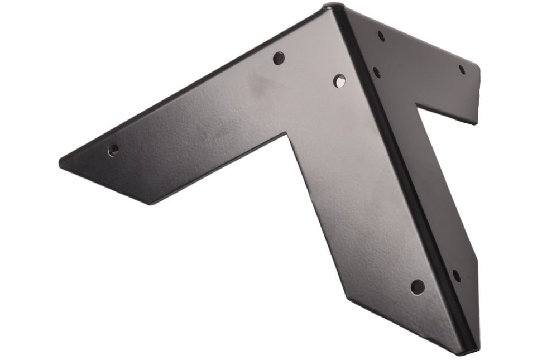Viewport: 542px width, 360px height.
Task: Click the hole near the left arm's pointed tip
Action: pos(113,150)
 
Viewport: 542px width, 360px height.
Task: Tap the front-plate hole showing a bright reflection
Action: pos(339,81)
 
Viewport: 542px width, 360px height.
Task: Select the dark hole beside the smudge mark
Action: pos(279,58)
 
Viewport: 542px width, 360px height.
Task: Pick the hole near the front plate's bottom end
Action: pos(418,287)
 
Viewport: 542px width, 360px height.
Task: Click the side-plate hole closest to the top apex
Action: pos(381,36)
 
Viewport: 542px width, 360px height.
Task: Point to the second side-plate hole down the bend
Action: pos(377,72)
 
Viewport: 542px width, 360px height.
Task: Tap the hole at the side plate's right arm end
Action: pos(462,70)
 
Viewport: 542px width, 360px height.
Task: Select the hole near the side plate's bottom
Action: pos(456,275)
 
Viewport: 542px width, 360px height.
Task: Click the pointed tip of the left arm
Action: pos(60,163)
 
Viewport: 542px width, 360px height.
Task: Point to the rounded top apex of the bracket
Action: pos(334,7)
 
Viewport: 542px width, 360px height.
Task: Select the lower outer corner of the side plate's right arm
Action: pos(476,123)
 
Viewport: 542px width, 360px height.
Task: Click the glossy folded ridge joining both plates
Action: pos(402,167)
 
